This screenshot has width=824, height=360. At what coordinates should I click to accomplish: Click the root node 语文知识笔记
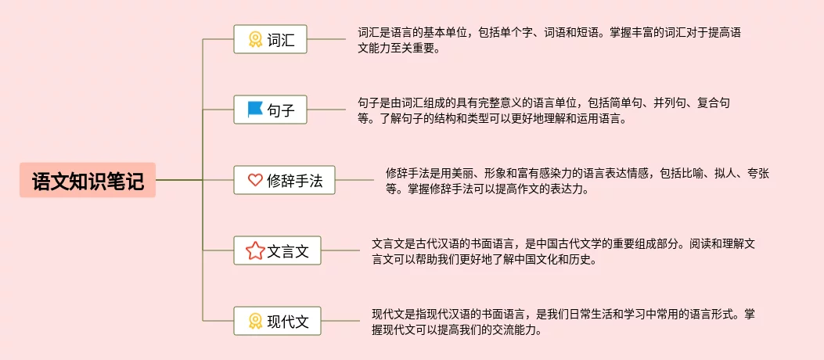[x=88, y=181]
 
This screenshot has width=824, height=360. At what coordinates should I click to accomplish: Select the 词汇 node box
[x=270, y=39]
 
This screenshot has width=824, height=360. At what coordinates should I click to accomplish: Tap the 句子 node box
[x=270, y=110]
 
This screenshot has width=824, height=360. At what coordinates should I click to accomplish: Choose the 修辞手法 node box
[x=284, y=180]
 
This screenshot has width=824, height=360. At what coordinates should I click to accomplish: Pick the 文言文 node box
[x=277, y=250]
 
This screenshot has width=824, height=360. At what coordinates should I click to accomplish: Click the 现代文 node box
[x=277, y=321]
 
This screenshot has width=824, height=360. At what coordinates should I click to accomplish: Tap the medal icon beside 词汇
[x=255, y=39]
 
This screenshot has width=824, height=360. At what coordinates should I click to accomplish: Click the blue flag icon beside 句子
[x=255, y=110]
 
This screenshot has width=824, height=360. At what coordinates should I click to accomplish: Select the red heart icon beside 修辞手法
[x=255, y=180]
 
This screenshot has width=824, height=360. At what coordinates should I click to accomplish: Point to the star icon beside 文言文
[x=255, y=250]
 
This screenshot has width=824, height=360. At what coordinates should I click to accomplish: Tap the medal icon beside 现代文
[x=255, y=321]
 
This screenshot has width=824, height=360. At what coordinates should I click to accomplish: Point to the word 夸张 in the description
[x=758, y=173]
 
